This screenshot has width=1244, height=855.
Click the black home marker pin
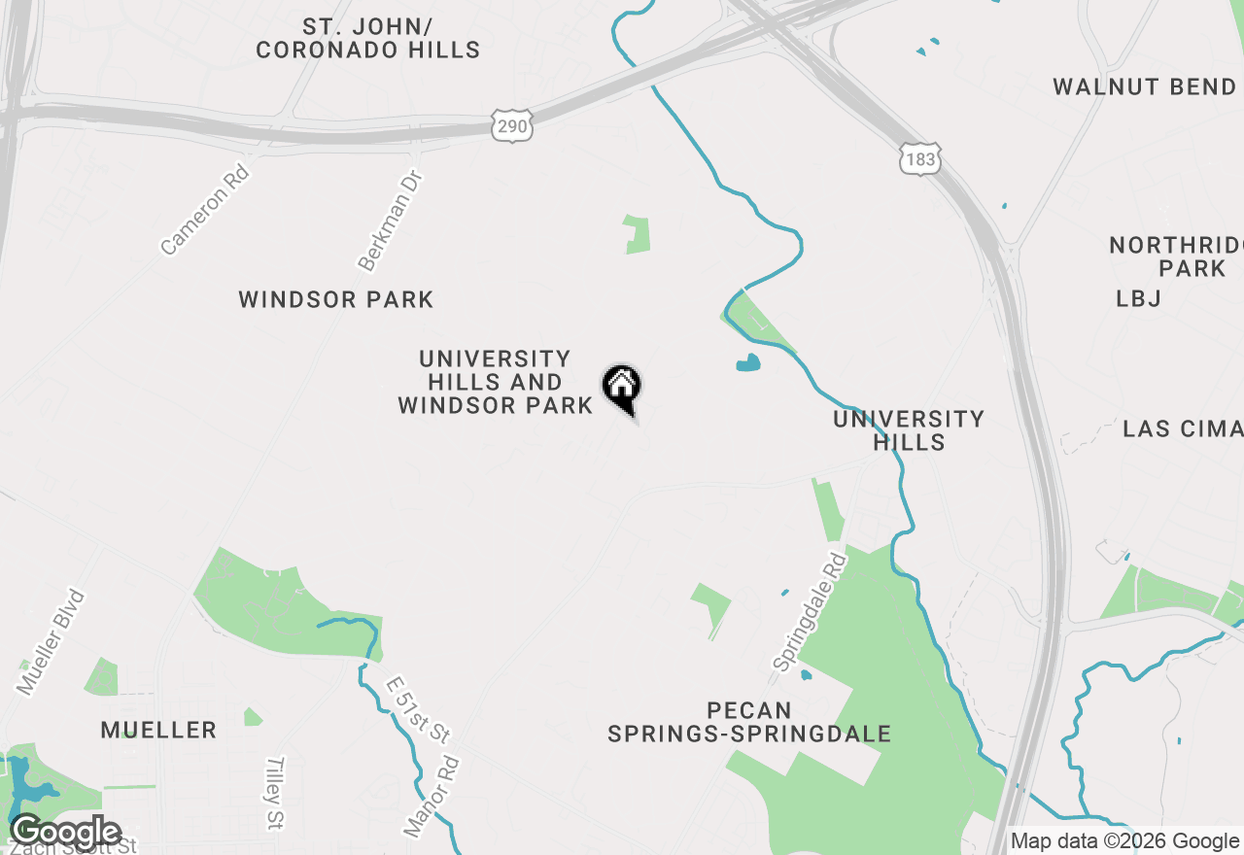622,388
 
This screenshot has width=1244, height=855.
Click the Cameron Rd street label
205,211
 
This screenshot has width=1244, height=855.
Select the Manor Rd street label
431,798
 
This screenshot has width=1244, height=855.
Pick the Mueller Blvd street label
52,642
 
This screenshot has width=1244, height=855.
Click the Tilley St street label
275,794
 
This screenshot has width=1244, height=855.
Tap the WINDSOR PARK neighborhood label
336,299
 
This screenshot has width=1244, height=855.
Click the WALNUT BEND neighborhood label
1144,87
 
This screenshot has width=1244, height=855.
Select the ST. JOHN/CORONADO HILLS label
368,39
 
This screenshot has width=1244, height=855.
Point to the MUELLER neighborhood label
158,730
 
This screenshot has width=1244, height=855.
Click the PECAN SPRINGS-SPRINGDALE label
749,722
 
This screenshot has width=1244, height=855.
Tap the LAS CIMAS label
1182,428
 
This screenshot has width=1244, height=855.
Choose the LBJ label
1139,298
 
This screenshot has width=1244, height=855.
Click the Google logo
66,832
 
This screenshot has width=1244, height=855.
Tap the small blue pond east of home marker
747,364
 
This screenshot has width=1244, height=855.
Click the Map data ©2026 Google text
1124,841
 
